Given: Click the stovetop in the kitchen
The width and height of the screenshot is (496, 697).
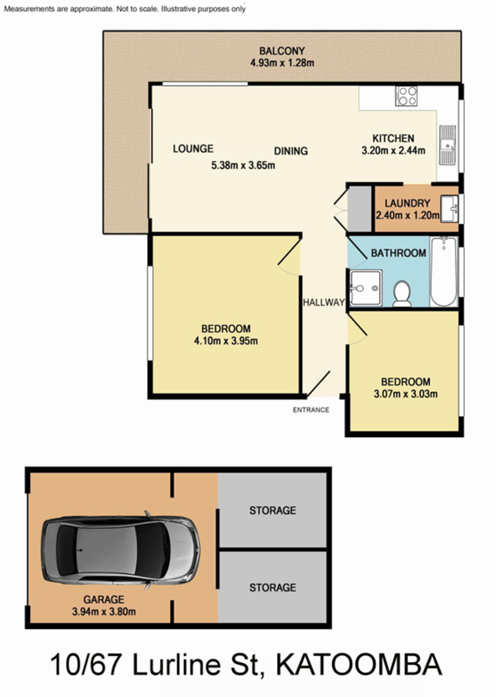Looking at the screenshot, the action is [x=406, y=96].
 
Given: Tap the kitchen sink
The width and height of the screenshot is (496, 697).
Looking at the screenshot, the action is [x=448, y=145].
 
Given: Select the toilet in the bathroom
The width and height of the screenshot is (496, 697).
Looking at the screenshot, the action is [x=402, y=293].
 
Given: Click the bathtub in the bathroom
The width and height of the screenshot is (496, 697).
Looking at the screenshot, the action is [x=443, y=272].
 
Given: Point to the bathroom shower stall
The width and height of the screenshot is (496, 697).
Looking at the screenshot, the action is [x=365, y=288].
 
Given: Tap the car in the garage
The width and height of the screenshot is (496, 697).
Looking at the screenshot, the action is [x=120, y=550].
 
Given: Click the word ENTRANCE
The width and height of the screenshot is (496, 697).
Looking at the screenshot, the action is [x=311, y=410].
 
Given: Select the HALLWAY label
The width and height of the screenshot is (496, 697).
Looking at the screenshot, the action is [x=324, y=302].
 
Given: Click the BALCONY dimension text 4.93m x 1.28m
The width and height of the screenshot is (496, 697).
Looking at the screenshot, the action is [x=282, y=63].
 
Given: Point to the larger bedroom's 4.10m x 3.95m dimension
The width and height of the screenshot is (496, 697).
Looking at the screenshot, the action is [x=226, y=341].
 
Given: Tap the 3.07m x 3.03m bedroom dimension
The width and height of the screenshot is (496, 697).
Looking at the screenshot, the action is [x=405, y=394].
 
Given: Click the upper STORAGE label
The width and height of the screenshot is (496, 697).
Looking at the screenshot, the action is [x=272, y=510].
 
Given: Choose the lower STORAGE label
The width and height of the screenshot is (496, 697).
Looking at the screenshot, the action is [x=272, y=588].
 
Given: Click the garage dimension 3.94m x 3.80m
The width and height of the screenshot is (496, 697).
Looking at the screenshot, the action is [x=104, y=611].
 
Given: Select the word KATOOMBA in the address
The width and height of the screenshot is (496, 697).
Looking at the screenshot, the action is [x=358, y=665].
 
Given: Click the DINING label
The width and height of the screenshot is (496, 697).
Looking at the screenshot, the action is [x=291, y=151].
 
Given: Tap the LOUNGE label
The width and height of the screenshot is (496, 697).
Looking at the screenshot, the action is [x=193, y=148].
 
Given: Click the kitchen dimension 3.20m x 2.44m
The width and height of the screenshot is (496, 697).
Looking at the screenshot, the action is [x=393, y=151].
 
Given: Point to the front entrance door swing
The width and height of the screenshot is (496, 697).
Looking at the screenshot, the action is [x=319, y=384].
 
